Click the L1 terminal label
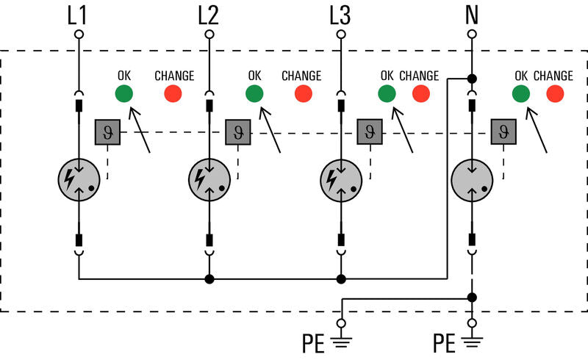pyautogui.click(x=77, y=15)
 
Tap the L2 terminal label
pyautogui.click(x=208, y=15)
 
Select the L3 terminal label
pyautogui.click(x=340, y=15)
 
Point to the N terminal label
pyautogui.click(x=472, y=15)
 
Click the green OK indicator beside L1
pyautogui.click(x=123, y=93)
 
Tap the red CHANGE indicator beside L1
pyautogui.click(x=173, y=93)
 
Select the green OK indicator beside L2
pyautogui.click(x=254, y=93)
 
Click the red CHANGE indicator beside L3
pyautogui.click(x=421, y=93)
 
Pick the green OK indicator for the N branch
pyautogui.click(x=521, y=93)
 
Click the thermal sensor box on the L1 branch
pyautogui.click(x=107, y=132)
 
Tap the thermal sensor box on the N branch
pyautogui.click(x=503, y=132)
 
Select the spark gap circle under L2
pyautogui.click(x=209, y=180)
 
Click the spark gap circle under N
pyautogui.click(x=472, y=180)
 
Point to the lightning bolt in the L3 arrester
pyautogui.click(x=331, y=180)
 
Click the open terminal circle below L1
pyautogui.click(x=79, y=35)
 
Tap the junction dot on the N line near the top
pyautogui.click(x=472, y=79)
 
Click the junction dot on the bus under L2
pyautogui.click(x=209, y=279)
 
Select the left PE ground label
pyautogui.click(x=313, y=343)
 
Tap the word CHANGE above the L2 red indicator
pyautogui.click(x=301, y=76)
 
